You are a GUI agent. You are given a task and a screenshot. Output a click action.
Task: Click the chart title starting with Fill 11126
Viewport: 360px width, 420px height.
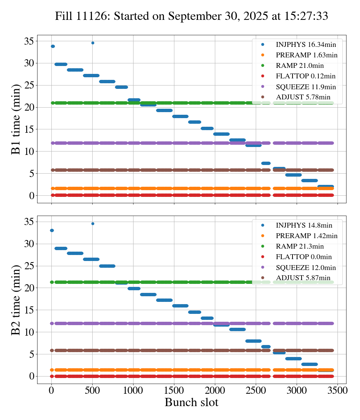click(x=192, y=16)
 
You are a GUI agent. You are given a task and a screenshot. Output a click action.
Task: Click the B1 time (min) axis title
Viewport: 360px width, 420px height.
click(x=16, y=119)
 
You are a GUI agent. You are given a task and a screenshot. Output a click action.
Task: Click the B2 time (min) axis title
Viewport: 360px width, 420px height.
click(x=16, y=300)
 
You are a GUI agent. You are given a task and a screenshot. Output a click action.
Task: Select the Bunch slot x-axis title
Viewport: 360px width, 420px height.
click(x=192, y=403)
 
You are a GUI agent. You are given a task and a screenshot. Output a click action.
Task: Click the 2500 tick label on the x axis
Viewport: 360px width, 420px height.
click(x=256, y=390)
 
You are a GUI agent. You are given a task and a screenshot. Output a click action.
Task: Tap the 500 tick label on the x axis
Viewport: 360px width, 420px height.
click(x=92, y=390)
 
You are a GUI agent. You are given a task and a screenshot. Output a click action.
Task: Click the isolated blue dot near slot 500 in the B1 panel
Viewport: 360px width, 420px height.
click(x=93, y=43)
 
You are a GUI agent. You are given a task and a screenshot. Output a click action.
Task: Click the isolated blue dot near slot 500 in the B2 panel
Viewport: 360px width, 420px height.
click(x=93, y=224)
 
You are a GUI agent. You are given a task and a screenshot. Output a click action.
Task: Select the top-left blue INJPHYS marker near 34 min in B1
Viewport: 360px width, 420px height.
click(x=52, y=46)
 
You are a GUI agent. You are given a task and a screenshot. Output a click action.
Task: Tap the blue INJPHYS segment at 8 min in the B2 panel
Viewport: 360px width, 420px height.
click(x=253, y=341)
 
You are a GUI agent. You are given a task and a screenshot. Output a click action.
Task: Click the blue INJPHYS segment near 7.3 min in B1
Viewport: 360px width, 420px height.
click(x=266, y=163)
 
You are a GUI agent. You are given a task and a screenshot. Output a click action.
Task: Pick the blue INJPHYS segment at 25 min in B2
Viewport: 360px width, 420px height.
click(x=107, y=266)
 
